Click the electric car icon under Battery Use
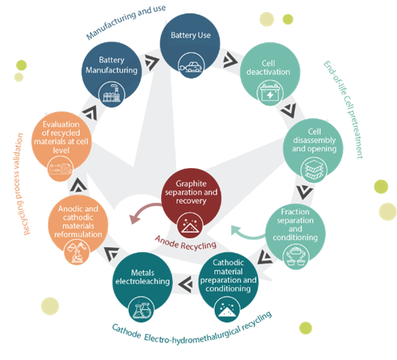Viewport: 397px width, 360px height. pos(191,66)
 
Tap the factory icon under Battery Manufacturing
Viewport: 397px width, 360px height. pos(111,95)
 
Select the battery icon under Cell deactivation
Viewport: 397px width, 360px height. pos(270,93)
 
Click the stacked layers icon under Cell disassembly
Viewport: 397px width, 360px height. pos(314,169)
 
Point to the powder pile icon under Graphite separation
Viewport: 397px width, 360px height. pos(190,225)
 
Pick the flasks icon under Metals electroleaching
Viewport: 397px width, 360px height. pos(141,309)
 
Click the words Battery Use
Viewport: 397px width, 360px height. pos(190,35)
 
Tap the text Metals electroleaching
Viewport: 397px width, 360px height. pos(143,277)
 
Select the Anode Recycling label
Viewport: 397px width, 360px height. pos(186,243)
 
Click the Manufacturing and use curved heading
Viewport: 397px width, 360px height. pos(126,22)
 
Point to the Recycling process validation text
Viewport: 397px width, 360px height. pos(21,184)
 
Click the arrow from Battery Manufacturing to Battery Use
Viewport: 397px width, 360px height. pos(152,62)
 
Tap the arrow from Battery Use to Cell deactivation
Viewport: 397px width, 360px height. pos(230,60)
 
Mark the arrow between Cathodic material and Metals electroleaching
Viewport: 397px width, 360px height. pos(186,284)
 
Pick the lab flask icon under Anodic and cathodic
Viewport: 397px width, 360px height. pos(77,252)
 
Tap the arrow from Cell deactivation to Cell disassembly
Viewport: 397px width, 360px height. pos(289,110)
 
